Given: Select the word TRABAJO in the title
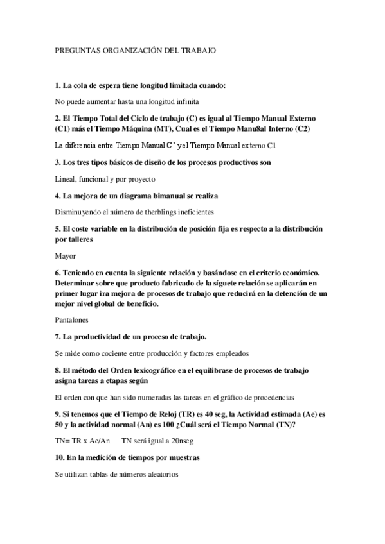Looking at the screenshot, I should coord(197,49).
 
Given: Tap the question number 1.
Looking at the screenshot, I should coord(58,86).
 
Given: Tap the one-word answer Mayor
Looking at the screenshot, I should coord(66,255).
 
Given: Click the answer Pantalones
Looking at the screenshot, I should coord(71,318).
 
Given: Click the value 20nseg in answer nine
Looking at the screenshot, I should coord(178,441).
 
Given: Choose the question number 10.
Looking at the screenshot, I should coord(60,459).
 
